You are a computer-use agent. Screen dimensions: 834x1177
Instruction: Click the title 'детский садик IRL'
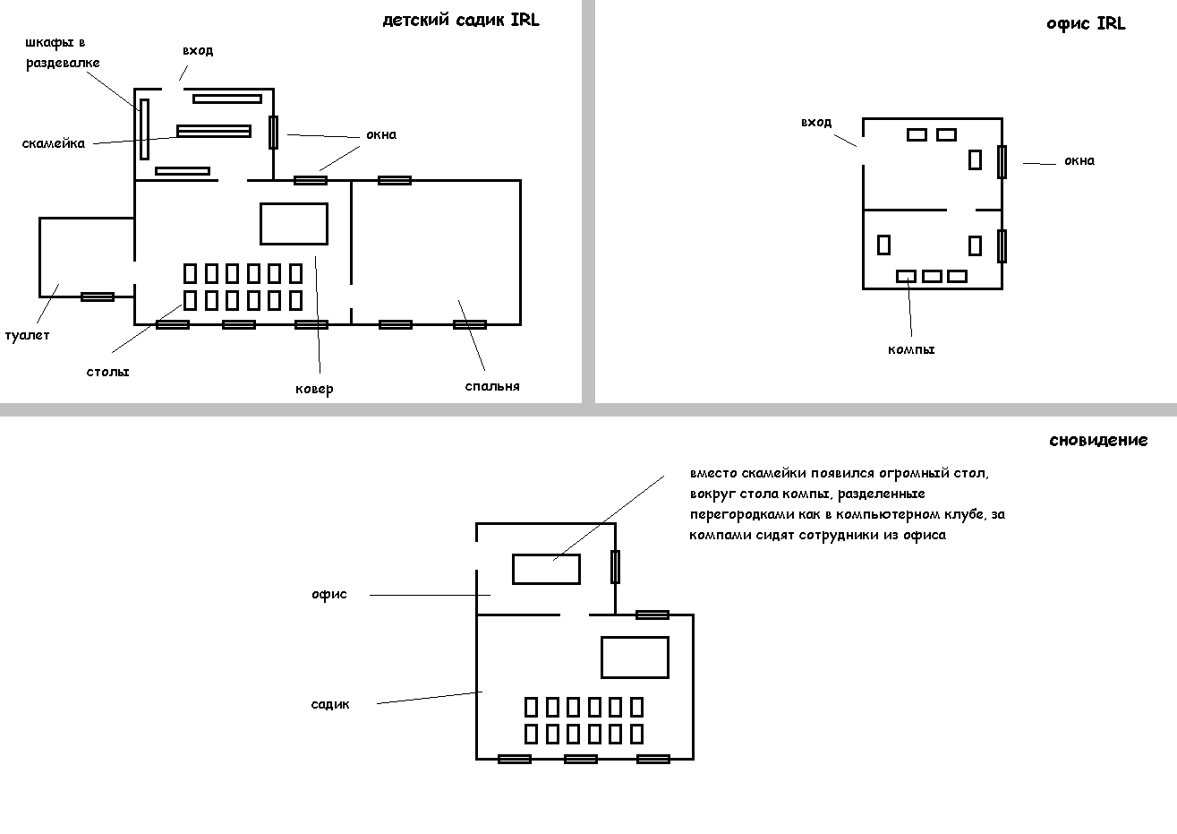click(x=461, y=20)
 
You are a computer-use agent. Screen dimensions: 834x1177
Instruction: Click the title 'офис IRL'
click(x=1085, y=24)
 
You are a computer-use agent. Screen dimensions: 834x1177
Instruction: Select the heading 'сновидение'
click(x=1097, y=440)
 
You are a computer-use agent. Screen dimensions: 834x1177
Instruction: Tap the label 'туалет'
click(x=27, y=335)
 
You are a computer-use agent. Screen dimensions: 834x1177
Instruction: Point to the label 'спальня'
click(x=491, y=386)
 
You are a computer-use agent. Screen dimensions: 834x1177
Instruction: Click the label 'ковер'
click(x=314, y=389)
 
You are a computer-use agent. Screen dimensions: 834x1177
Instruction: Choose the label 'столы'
click(x=107, y=371)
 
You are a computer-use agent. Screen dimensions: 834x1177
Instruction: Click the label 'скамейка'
click(x=53, y=143)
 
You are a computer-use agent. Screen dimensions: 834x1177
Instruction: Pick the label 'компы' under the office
click(x=910, y=349)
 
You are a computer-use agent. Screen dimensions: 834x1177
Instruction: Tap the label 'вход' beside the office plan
click(x=815, y=122)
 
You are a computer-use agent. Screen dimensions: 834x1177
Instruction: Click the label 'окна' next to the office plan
click(x=1079, y=161)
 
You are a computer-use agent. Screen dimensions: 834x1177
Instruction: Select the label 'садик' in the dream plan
click(x=330, y=704)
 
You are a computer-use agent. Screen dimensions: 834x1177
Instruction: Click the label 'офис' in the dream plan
click(x=328, y=594)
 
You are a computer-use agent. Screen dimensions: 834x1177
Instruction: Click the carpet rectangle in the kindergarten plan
click(x=294, y=223)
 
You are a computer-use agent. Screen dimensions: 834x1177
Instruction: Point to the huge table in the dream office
click(x=545, y=569)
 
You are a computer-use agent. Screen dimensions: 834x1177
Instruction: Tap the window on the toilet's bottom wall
click(x=97, y=297)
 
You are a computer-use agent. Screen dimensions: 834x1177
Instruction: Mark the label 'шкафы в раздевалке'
click(x=62, y=53)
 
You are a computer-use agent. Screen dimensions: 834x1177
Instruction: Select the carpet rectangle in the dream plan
click(x=635, y=657)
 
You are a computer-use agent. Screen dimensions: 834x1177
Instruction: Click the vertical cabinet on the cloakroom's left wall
click(x=143, y=130)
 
